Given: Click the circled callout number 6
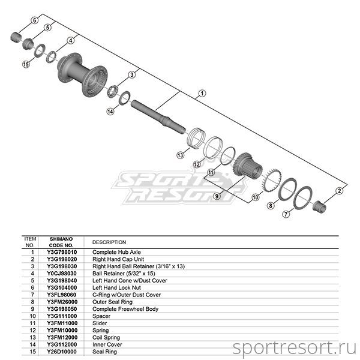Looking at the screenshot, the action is click(x=34, y=20).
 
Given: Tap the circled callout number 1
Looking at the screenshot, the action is click(x=202, y=94).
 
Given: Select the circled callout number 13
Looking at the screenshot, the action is click(x=181, y=155).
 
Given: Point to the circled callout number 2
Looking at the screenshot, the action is click(x=340, y=191).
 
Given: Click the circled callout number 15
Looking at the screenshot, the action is click(x=26, y=64).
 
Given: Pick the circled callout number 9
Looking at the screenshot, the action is click(x=217, y=196).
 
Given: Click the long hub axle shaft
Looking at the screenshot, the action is click(x=158, y=117).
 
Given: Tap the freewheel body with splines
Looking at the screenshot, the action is click(x=248, y=166).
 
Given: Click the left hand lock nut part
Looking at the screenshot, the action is click(x=16, y=37).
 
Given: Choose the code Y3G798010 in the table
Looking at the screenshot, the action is click(x=62, y=252).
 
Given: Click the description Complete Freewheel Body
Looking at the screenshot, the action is click(x=125, y=309).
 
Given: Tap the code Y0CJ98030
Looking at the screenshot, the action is click(x=62, y=274).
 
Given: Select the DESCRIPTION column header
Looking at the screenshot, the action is click(x=109, y=242).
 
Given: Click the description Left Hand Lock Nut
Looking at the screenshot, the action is click(x=116, y=287).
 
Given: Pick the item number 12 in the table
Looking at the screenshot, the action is click(x=33, y=331).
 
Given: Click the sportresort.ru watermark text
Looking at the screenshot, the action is click(x=295, y=348).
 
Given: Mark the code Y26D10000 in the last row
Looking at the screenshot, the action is click(x=62, y=352).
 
